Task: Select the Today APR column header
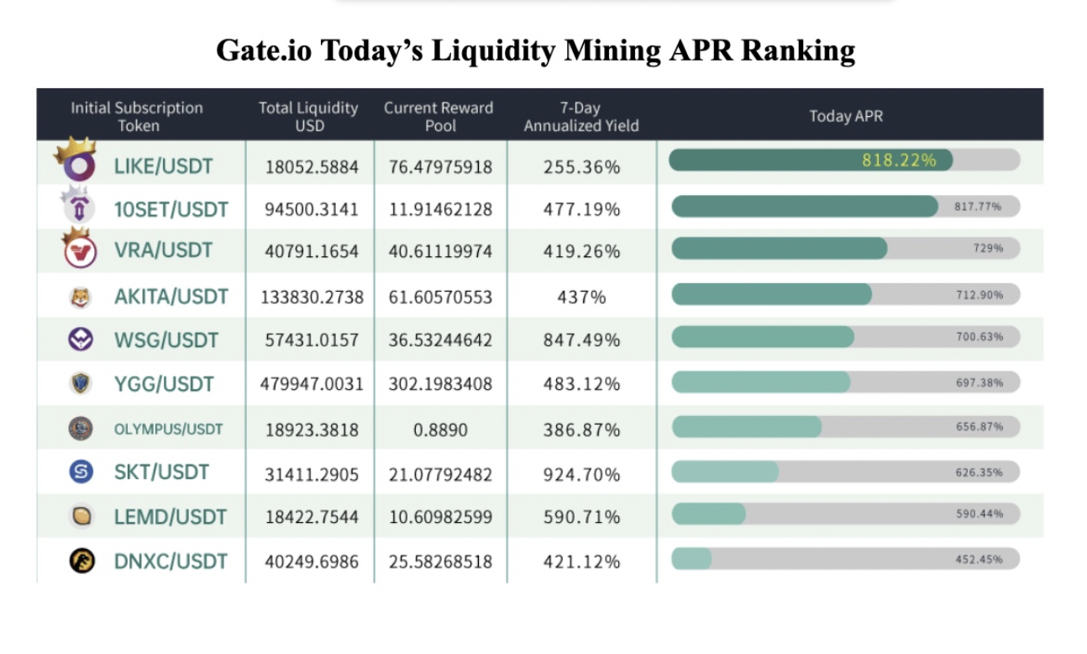[x=846, y=116]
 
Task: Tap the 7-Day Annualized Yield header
[x=581, y=117]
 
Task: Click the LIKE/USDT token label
[x=163, y=166]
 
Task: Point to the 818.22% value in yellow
[x=898, y=160]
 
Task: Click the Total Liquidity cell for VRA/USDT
[x=312, y=251]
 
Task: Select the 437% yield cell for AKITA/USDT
[x=581, y=297]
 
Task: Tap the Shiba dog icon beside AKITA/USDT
[x=81, y=296]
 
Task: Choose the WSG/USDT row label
[x=166, y=340]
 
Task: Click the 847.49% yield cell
[x=581, y=340]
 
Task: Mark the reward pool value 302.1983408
[x=440, y=384]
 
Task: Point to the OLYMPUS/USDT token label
[x=169, y=430]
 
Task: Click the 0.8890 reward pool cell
[x=440, y=430]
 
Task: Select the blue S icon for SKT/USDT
[x=81, y=472]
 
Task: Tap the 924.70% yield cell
[x=581, y=474]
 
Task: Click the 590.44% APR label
[x=979, y=514]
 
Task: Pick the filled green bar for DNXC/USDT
[x=691, y=559]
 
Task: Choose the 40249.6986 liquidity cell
[x=312, y=562]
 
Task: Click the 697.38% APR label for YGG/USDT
[x=979, y=382]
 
